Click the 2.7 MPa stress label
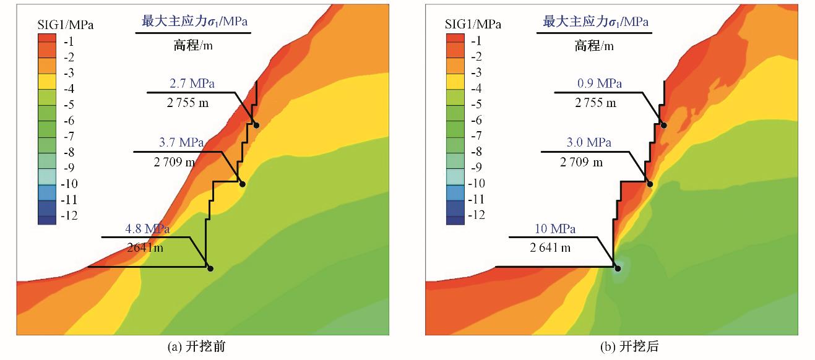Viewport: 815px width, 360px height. (x=192, y=84)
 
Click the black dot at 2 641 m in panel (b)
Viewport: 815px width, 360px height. (x=617, y=268)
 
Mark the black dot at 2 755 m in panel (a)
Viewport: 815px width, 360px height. (x=256, y=125)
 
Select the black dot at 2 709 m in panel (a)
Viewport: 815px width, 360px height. (x=243, y=184)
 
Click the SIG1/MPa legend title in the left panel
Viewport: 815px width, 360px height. (x=64, y=25)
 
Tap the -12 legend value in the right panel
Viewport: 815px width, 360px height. (x=475, y=215)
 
